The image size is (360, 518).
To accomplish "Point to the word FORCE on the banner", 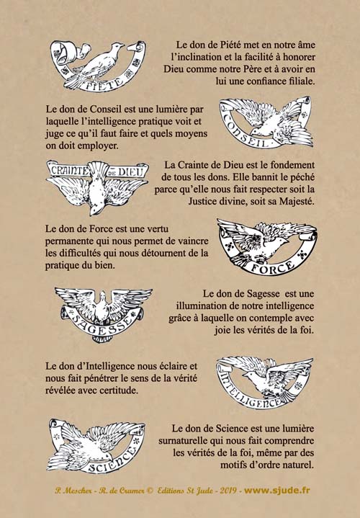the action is (x=273, y=267).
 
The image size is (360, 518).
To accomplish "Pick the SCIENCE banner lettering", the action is (x=113, y=461).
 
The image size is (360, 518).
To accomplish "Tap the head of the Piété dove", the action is (x=117, y=46).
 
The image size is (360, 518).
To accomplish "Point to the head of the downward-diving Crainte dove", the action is (x=95, y=209).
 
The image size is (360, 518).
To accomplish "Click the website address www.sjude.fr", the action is (x=276, y=490).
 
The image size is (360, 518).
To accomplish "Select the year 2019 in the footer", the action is (x=228, y=491).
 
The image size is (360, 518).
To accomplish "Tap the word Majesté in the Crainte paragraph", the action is (x=297, y=201).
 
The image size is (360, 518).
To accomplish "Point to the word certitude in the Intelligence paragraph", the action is (x=120, y=390).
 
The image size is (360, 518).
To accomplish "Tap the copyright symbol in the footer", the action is (x=149, y=491).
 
